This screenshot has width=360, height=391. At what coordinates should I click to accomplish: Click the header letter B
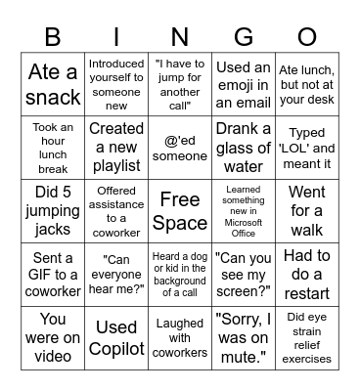point(53,36)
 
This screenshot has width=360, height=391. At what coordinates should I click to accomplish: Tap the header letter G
point(243,36)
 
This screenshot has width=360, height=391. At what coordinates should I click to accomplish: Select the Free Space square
point(179,211)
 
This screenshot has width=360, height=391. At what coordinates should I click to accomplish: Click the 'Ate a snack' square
point(53,84)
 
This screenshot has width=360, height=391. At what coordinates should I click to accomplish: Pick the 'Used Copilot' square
point(116,336)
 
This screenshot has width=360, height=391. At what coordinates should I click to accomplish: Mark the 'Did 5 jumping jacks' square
point(53,211)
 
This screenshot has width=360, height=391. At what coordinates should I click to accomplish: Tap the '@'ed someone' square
point(179,148)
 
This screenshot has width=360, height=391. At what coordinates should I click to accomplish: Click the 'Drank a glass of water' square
point(243,148)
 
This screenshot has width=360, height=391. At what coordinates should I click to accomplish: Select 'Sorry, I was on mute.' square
point(243,336)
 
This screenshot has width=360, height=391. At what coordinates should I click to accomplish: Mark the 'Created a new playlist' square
point(116,148)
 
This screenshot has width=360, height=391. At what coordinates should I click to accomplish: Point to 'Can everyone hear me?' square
point(116,274)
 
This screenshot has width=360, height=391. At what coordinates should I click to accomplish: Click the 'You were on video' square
point(53,336)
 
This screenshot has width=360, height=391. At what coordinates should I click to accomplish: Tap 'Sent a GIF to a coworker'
point(53,274)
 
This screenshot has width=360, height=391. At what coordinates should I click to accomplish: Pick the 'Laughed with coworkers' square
point(179,336)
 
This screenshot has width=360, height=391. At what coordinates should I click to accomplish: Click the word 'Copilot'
point(116,348)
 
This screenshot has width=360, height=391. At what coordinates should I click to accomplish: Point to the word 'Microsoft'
point(243,222)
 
